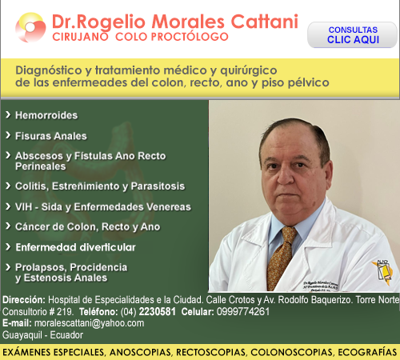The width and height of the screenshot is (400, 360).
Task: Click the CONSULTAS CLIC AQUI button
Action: click(x=353, y=34)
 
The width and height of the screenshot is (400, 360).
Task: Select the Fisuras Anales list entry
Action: click(x=51, y=136)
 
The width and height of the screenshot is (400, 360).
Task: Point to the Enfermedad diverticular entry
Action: click(x=75, y=248)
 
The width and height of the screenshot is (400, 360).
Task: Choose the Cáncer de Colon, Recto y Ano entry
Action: click(x=87, y=226)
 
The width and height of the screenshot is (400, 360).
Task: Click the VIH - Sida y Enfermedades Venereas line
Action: click(x=103, y=206)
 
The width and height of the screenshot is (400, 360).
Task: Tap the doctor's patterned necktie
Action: click(x=282, y=256)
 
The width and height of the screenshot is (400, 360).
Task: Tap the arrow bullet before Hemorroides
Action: click(x=7, y=115)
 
